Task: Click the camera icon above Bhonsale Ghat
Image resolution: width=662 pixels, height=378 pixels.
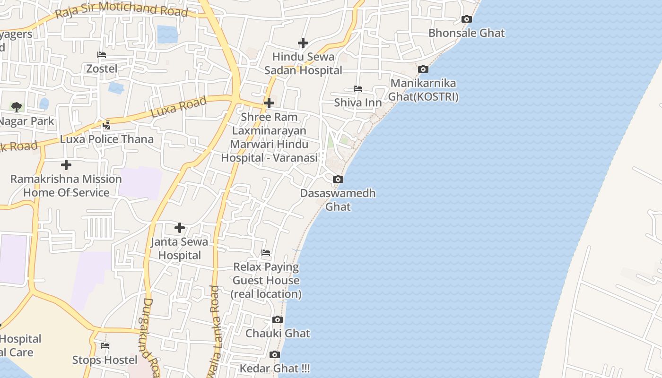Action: tap(466, 19)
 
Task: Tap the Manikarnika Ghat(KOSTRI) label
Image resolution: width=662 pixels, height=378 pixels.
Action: tap(423, 90)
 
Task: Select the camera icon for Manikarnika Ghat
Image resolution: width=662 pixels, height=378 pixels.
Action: tap(423, 69)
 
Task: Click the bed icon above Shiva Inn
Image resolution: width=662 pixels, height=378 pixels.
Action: tap(358, 89)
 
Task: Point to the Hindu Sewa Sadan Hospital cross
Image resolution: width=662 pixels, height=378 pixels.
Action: tap(303, 43)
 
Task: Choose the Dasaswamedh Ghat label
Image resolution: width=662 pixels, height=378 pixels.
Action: tap(338, 199)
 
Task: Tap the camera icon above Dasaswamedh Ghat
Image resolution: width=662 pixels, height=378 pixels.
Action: tap(338, 180)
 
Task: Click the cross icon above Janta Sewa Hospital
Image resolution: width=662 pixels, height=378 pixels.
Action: tap(180, 228)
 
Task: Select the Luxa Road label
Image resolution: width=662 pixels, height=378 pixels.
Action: tap(179, 107)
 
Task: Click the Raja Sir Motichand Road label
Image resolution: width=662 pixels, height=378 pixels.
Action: tap(122, 9)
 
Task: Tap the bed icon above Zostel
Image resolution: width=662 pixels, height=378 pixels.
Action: tap(102, 55)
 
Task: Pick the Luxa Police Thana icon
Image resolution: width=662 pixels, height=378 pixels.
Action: tap(107, 125)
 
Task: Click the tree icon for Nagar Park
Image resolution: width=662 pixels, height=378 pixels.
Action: tap(17, 107)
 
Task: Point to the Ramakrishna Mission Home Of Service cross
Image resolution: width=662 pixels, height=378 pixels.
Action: tap(66, 165)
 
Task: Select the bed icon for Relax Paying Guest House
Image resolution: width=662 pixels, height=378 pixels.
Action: tap(266, 253)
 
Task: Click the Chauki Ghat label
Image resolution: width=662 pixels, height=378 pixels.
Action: tap(278, 333)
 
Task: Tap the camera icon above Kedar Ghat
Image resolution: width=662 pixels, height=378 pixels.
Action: tap(274, 354)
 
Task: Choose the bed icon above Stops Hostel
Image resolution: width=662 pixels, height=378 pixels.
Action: tap(105, 346)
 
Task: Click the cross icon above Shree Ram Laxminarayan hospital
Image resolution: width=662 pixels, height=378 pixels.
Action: tap(269, 103)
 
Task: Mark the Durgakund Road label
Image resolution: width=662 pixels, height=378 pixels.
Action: tap(149, 336)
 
